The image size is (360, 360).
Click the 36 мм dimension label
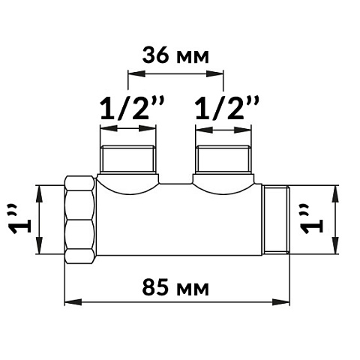click(x=175, y=55)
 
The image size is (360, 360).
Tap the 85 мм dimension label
click(x=175, y=288)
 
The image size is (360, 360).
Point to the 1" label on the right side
click(x=312, y=219)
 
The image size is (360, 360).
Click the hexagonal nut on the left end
click(x=80, y=220)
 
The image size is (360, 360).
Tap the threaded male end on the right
click(x=277, y=220)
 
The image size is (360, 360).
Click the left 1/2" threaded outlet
click(x=128, y=159)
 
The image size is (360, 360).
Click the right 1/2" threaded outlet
click(x=223, y=159)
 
